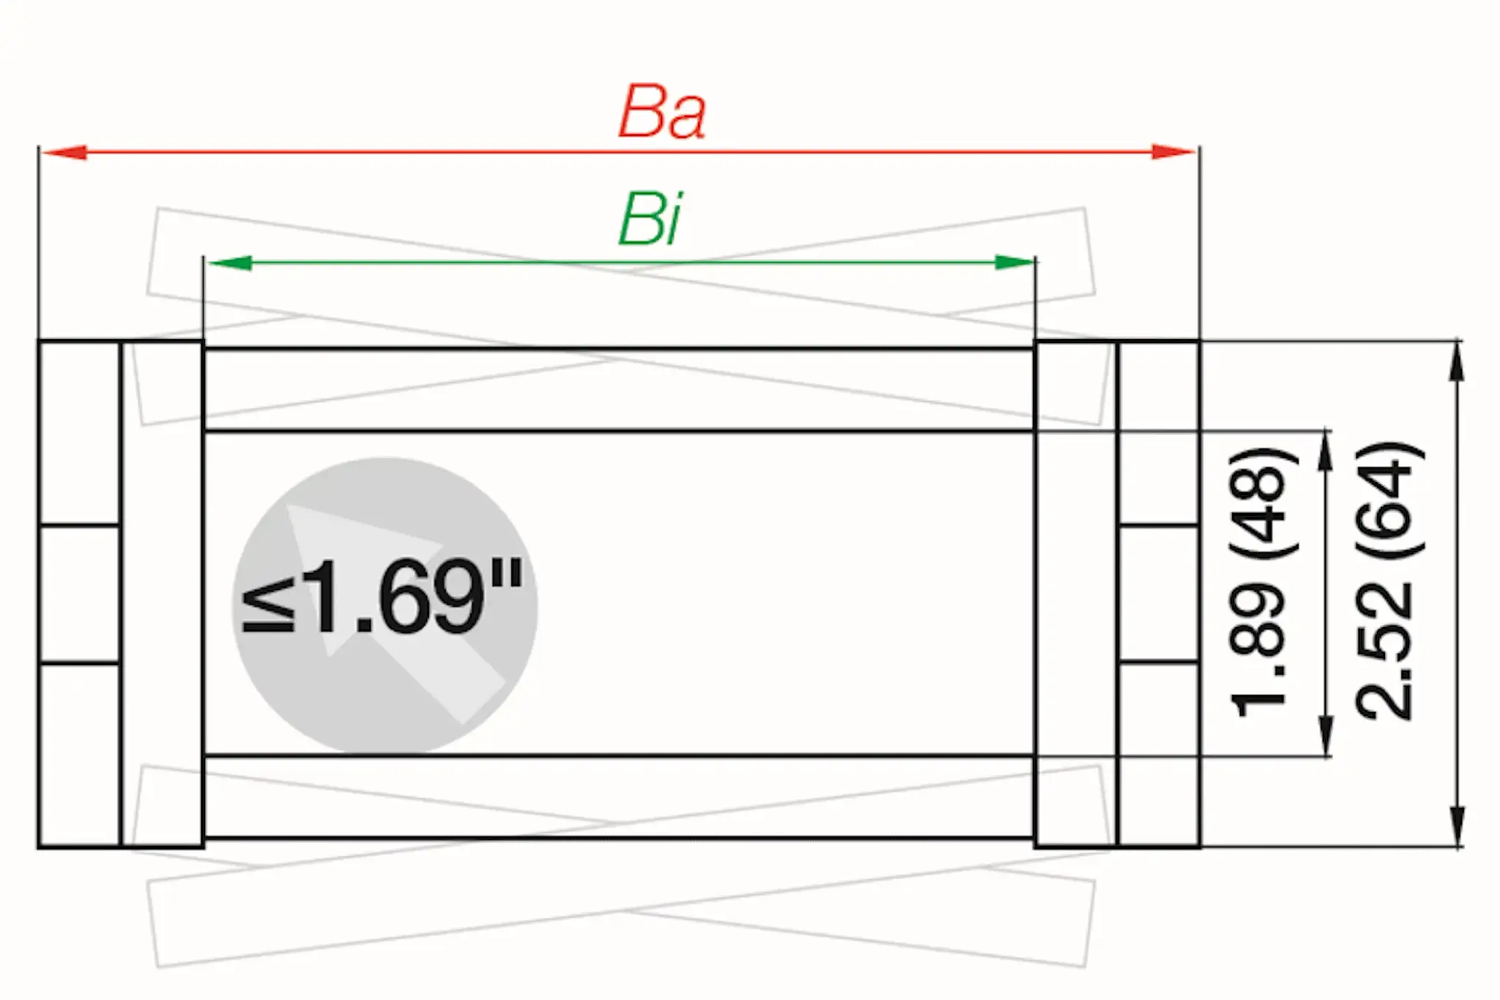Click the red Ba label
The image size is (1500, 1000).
pyautogui.click(x=662, y=114)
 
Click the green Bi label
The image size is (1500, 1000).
pyautogui.click(x=650, y=221)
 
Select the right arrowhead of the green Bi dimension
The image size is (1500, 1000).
pyautogui.click(x=1014, y=262)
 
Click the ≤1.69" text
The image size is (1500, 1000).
pyautogui.click(x=382, y=597)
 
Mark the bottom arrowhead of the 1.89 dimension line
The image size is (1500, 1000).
pyautogui.click(x=1325, y=737)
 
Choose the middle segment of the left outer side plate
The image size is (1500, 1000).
pyautogui.click(x=79, y=594)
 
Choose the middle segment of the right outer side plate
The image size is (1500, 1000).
pyautogui.click(x=1159, y=593)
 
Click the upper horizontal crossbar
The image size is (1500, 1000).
pyautogui.click(x=619, y=390)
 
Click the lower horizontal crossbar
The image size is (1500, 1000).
pyautogui.click(x=619, y=797)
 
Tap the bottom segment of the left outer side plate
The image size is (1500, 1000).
pyautogui.click(x=79, y=755)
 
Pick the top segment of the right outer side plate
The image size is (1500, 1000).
pyautogui.click(x=1159, y=433)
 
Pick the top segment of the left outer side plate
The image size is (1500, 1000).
pyautogui.click(x=79, y=433)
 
